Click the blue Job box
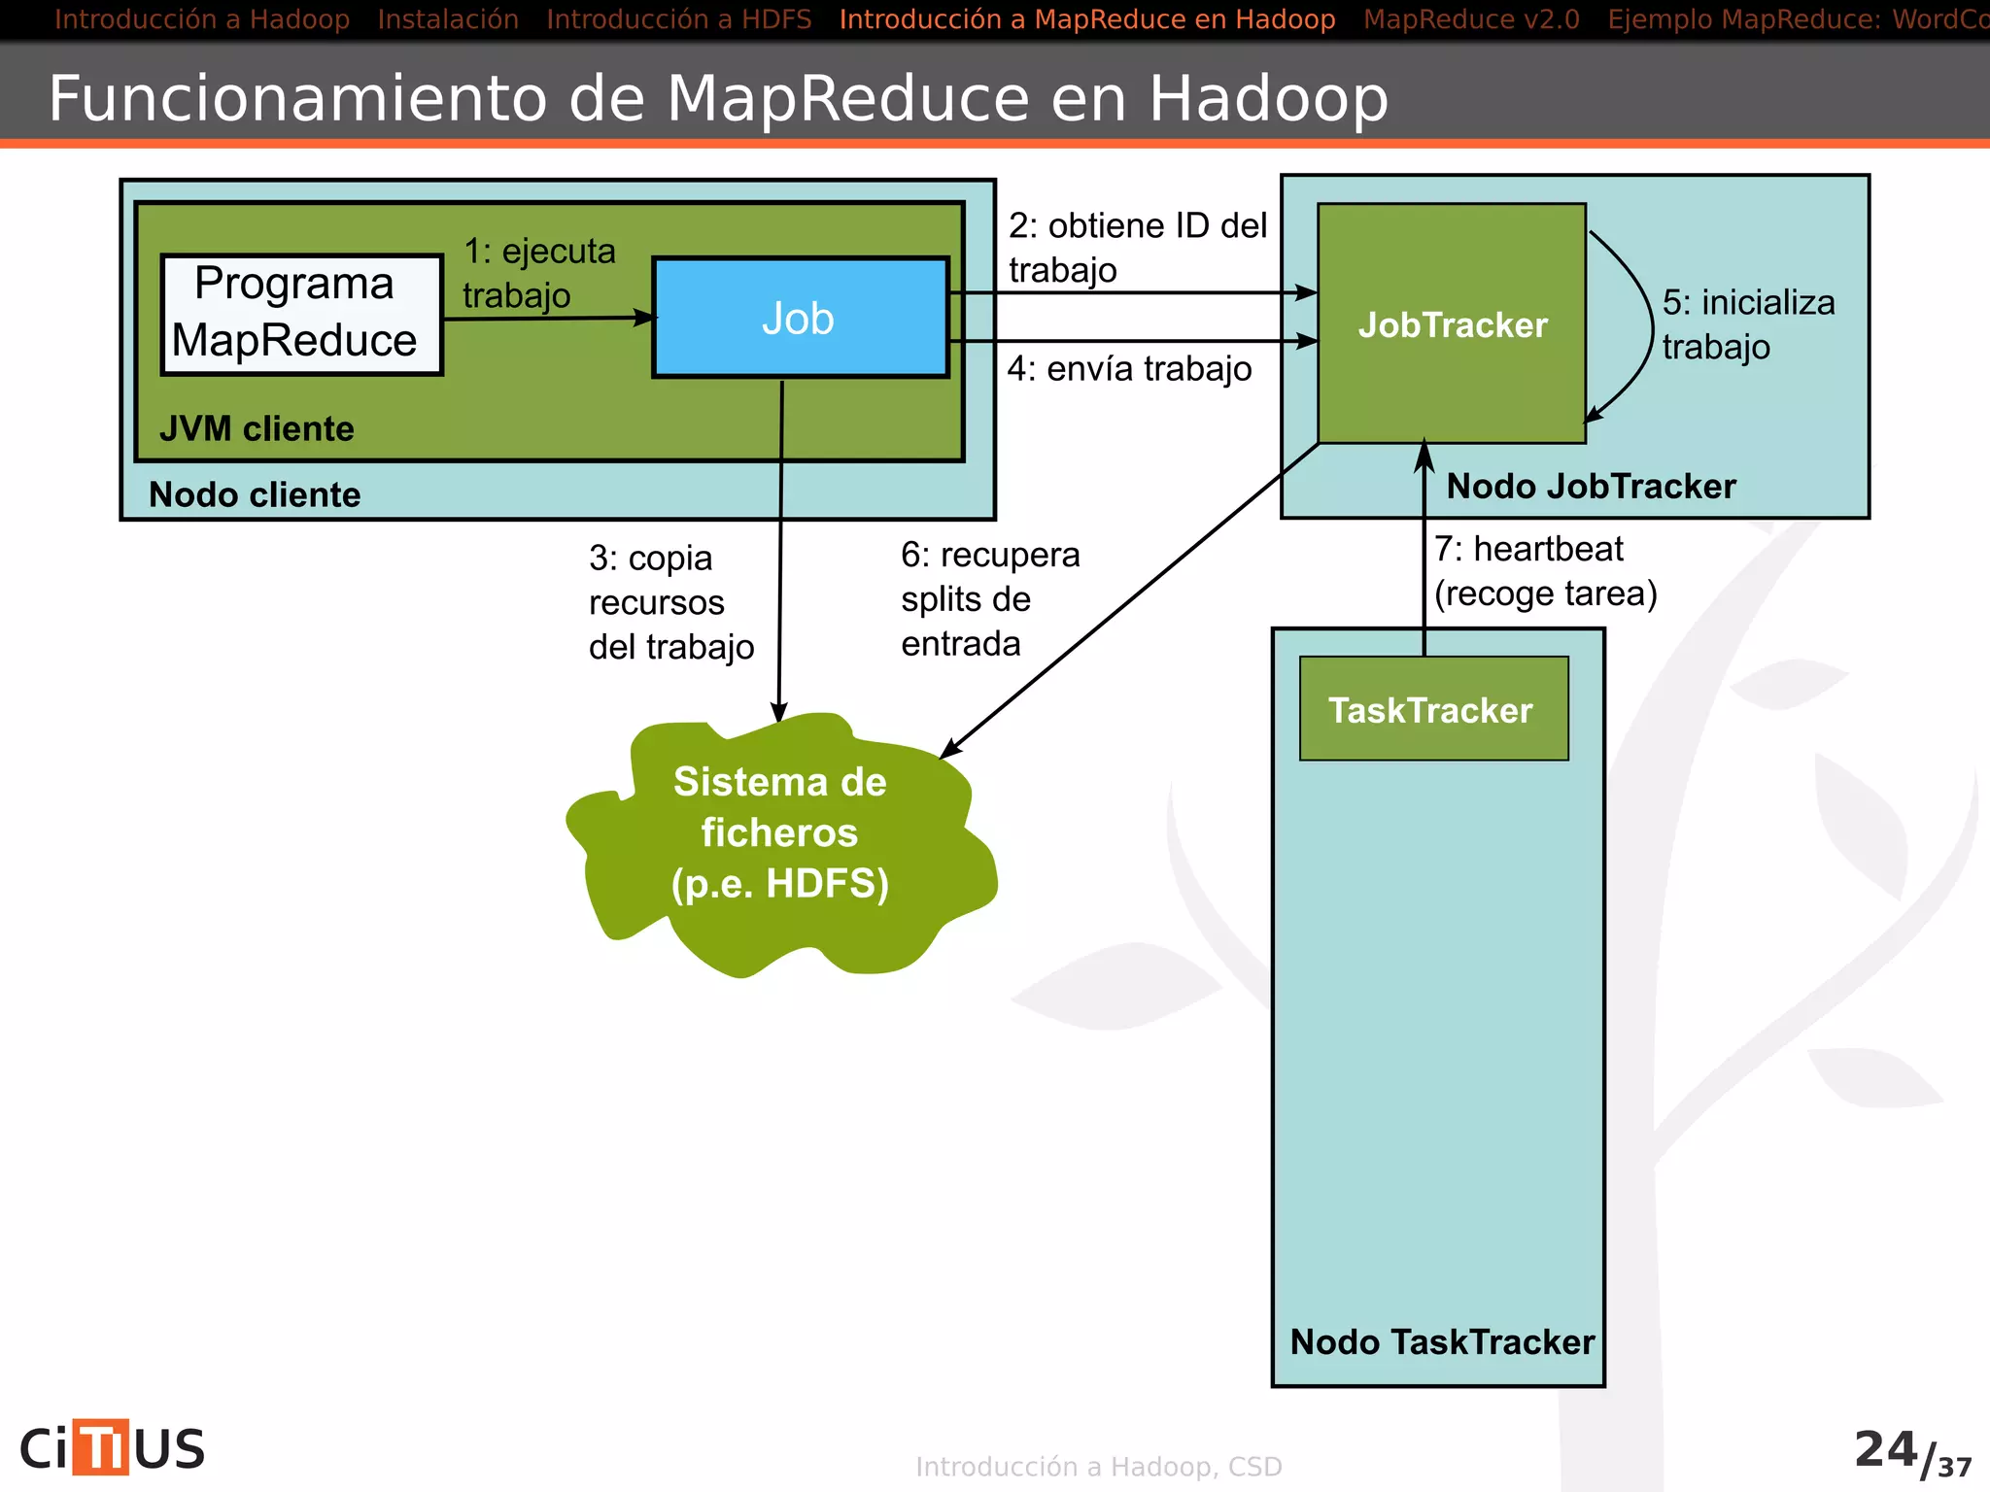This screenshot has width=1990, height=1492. (800, 318)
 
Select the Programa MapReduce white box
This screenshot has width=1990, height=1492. (301, 314)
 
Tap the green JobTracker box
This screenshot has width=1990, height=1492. (1452, 324)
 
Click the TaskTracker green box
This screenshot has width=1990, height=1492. (1433, 709)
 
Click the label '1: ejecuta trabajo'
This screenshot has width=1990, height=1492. (538, 273)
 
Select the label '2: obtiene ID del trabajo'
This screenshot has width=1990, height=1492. (1136, 247)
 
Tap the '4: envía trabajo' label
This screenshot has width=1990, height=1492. (1128, 369)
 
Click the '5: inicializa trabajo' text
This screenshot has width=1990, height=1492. (1746, 323)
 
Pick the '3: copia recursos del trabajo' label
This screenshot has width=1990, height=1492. (669, 602)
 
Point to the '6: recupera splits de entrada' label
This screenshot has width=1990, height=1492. (988, 599)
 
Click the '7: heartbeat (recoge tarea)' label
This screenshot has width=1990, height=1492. (1544, 571)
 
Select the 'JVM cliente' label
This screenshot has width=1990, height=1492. (257, 428)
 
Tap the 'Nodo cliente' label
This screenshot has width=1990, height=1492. (254, 494)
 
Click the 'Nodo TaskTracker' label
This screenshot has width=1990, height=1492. (1441, 1341)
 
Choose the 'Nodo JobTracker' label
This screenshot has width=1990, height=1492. (1590, 486)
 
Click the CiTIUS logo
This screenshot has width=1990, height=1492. (112, 1447)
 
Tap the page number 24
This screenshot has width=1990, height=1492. (1885, 1448)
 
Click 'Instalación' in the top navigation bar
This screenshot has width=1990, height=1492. (447, 18)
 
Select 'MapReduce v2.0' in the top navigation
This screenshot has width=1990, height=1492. (1470, 18)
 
